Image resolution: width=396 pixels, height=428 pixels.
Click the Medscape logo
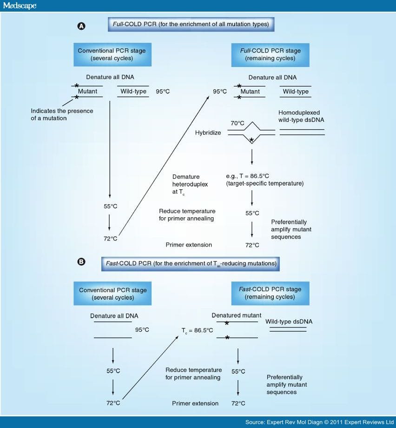tap(20, 6)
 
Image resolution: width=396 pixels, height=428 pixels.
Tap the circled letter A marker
tap(81, 26)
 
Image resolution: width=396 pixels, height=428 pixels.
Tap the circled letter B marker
tap(81, 262)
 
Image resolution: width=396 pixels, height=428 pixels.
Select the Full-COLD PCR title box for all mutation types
tap(191, 24)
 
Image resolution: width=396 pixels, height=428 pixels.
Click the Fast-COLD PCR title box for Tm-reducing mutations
tap(191, 264)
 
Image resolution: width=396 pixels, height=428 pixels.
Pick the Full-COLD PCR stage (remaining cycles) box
tap(270, 55)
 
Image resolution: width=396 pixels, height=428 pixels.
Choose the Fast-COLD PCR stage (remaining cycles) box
tap(270, 293)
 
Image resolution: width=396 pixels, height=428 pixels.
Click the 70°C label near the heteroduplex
tap(238, 123)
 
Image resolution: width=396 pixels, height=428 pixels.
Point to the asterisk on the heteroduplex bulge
tap(251, 140)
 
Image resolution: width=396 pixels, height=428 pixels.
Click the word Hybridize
tap(208, 133)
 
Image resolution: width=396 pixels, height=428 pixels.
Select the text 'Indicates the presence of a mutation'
tap(62, 114)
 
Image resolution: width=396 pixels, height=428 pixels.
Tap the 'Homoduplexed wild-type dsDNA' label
tap(301, 116)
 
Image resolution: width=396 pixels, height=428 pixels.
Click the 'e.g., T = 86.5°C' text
tap(247, 176)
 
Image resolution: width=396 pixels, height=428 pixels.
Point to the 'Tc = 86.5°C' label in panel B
tap(197, 331)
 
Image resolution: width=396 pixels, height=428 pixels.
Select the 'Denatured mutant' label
tap(237, 315)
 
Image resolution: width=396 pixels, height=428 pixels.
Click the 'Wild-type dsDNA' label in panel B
tap(289, 322)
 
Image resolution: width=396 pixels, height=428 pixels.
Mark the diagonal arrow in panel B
tap(150, 368)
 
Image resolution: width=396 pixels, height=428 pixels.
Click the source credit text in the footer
tap(319, 422)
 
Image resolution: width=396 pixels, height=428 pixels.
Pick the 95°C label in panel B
tap(142, 330)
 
